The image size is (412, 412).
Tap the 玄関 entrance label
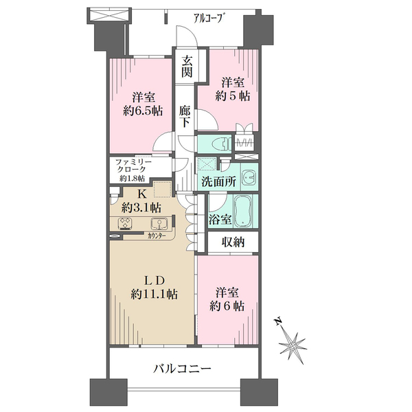pyautogui.click(x=187, y=66)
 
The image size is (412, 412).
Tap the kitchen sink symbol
pyautogui.click(x=159, y=224)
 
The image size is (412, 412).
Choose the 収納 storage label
pyautogui.click(x=233, y=242)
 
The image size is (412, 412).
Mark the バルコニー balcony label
pyautogui.click(x=181, y=369)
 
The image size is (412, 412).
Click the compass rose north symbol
pyautogui.click(x=294, y=341)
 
